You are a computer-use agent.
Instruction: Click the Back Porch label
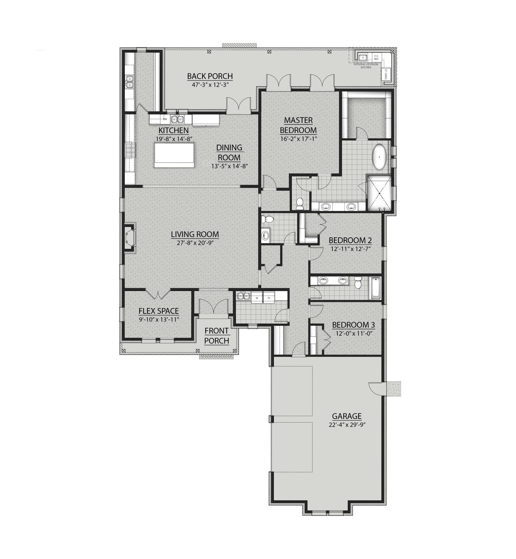210,76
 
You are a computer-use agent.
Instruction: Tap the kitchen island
174,155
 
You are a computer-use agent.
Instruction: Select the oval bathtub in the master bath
379,157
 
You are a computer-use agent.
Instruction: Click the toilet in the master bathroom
299,203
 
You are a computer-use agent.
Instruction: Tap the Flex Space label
158,311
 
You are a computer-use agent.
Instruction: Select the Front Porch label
217,336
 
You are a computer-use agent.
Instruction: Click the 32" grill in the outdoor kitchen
386,74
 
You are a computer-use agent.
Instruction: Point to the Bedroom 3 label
353,325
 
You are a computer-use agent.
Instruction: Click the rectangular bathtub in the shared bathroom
375,288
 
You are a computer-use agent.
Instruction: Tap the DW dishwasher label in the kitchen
165,119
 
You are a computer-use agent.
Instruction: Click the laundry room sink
243,295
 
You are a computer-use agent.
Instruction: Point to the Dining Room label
229,152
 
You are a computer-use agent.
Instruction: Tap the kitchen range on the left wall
130,150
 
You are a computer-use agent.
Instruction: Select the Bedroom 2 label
350,240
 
